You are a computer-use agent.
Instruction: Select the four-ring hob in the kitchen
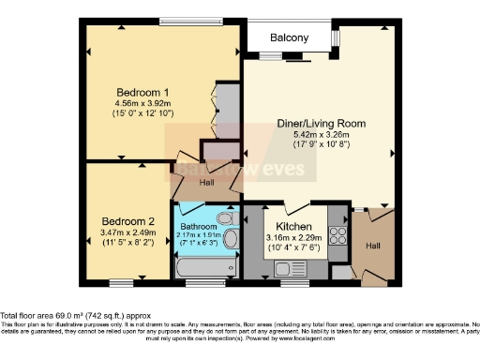pyautogui.click(x=338, y=234)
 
